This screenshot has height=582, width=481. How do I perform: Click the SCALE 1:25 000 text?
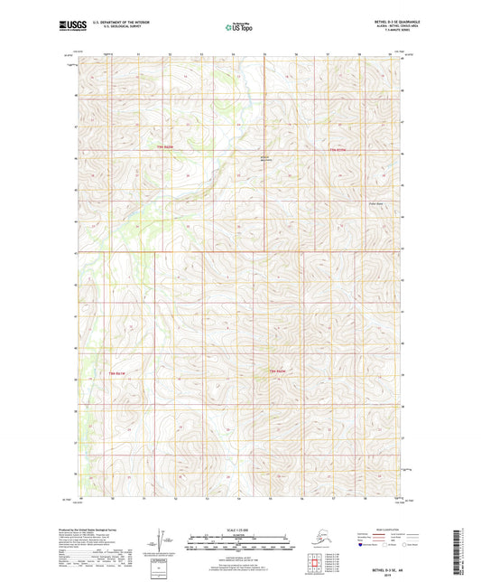pos(240,528)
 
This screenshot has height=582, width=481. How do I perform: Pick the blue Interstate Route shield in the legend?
pos(361,545)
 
